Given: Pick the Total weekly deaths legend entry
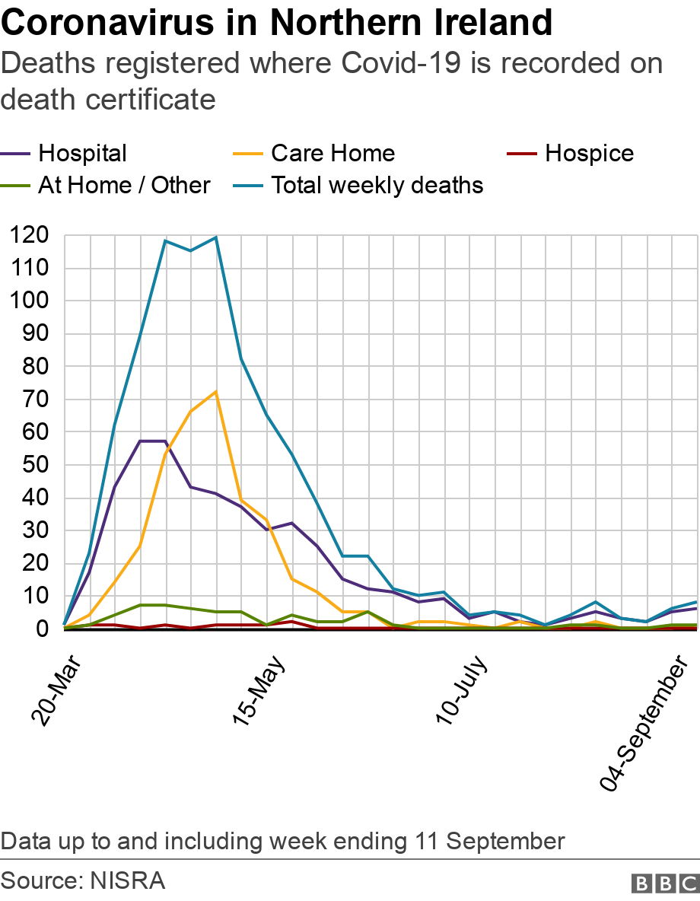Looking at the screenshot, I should [377, 185].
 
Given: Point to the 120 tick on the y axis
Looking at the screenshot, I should [30, 235].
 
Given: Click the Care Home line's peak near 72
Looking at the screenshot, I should [216, 392].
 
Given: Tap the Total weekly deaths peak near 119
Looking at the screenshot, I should [216, 237].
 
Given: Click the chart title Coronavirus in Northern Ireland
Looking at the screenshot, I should [277, 23].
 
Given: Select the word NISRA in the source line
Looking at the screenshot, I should [127, 881].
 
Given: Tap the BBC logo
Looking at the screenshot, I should [664, 883].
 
